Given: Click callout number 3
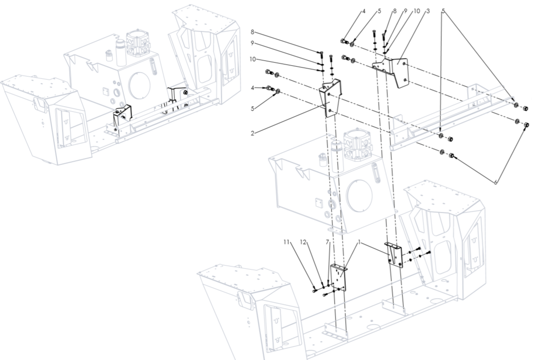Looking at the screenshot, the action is (x=428, y=11).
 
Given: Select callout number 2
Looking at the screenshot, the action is (x=252, y=133).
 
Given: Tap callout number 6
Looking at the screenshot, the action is (x=496, y=182).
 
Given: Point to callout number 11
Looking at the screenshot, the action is (x=286, y=242).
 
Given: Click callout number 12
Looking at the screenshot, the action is (x=303, y=242).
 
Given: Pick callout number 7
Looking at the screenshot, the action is (x=327, y=242).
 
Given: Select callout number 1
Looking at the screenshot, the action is (x=359, y=243).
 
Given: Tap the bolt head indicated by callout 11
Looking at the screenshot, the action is (x=314, y=291).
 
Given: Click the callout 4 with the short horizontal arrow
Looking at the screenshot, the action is (x=252, y=88).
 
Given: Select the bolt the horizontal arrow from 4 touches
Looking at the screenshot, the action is (x=269, y=88).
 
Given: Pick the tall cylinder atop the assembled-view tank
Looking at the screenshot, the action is (x=121, y=53).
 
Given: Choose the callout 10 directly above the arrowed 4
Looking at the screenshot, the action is (x=252, y=59).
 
